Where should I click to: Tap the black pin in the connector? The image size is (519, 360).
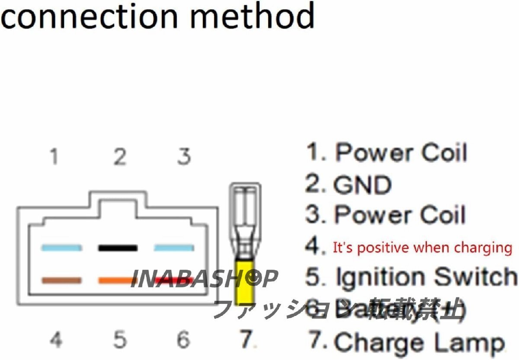click(x=118, y=248)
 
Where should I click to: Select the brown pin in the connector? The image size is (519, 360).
click(x=61, y=280)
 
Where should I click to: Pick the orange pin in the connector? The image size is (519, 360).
click(x=117, y=280)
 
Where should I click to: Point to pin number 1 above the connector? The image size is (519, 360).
click(x=54, y=156)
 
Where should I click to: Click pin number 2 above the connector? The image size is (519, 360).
click(x=119, y=156)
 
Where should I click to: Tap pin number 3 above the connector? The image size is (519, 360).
click(x=184, y=156)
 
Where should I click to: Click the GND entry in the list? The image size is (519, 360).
click(x=348, y=185)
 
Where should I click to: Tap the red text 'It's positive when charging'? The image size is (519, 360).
click(x=422, y=248)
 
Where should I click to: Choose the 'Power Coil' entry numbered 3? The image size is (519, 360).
click(x=386, y=215)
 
